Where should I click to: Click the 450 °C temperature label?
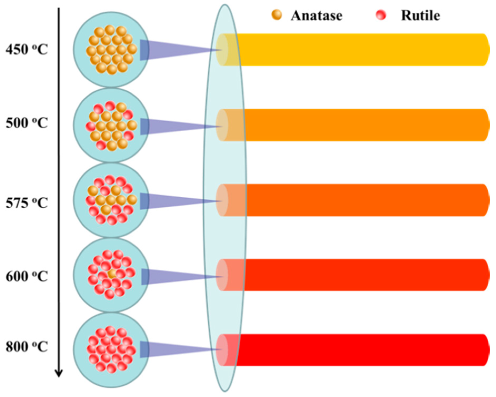click(27, 49)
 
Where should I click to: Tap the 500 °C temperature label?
click(27, 123)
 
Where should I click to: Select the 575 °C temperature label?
click(27, 203)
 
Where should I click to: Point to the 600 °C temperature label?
click(27, 276)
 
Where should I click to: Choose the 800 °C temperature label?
click(27, 347)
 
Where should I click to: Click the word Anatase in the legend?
click(317, 16)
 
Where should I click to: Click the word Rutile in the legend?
click(420, 16)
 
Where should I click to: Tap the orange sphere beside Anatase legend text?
click(277, 15)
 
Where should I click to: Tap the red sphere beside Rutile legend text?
click(381, 15)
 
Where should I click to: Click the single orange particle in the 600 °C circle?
click(112, 274)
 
